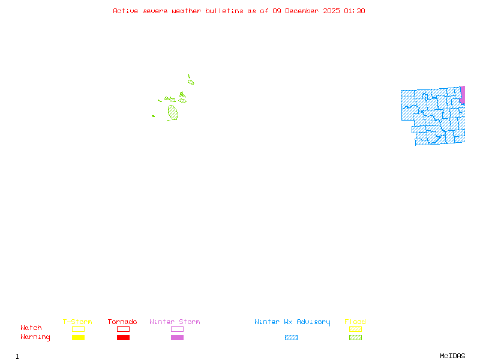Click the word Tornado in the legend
point(122,322)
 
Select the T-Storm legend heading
point(77,322)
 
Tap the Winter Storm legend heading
point(175,322)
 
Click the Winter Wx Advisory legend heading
point(292,322)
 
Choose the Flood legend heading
point(355,322)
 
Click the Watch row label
point(31,328)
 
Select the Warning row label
point(35,337)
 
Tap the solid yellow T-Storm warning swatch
point(78,338)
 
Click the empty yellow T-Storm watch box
point(78,329)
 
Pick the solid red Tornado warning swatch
point(123,338)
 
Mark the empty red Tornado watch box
point(123,329)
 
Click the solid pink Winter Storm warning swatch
point(177,338)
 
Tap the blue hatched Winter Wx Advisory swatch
point(291,338)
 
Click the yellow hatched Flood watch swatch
point(355,329)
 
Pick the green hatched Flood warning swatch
point(355,338)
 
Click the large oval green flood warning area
point(173,112)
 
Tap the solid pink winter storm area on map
point(463,95)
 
